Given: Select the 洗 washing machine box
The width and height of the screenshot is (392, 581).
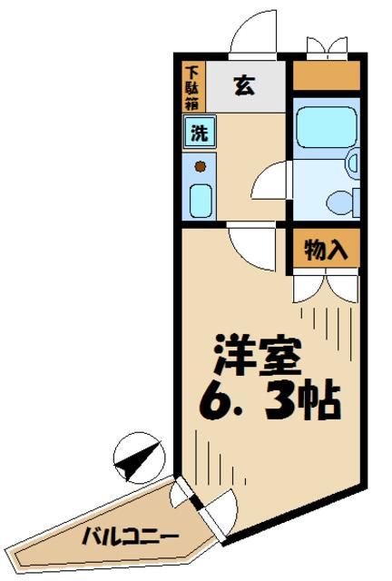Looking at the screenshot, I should (198, 133).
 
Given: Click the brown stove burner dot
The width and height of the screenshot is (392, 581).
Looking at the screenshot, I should (201, 166).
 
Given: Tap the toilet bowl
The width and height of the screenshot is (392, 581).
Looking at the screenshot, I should (342, 200).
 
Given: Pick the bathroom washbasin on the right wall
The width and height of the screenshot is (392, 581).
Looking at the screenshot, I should (353, 163).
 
